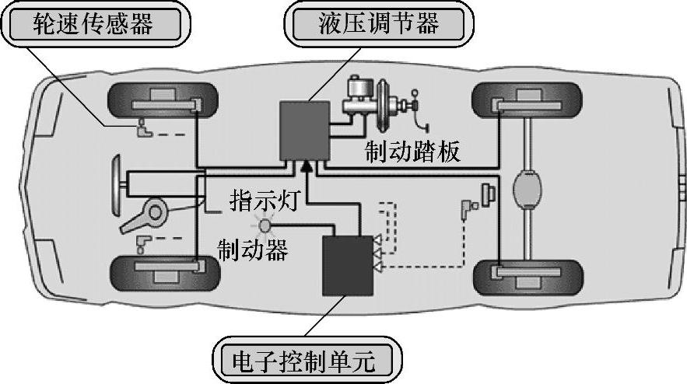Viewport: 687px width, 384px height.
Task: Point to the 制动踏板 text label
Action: click(413, 151)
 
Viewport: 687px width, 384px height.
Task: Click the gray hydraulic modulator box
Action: click(304, 129)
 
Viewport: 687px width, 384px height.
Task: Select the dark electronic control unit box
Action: click(348, 264)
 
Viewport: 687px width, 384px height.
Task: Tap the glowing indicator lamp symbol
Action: click(264, 225)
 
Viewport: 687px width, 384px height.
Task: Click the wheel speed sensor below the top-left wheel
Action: click(142, 129)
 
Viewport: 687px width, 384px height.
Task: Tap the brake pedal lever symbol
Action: click(421, 109)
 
